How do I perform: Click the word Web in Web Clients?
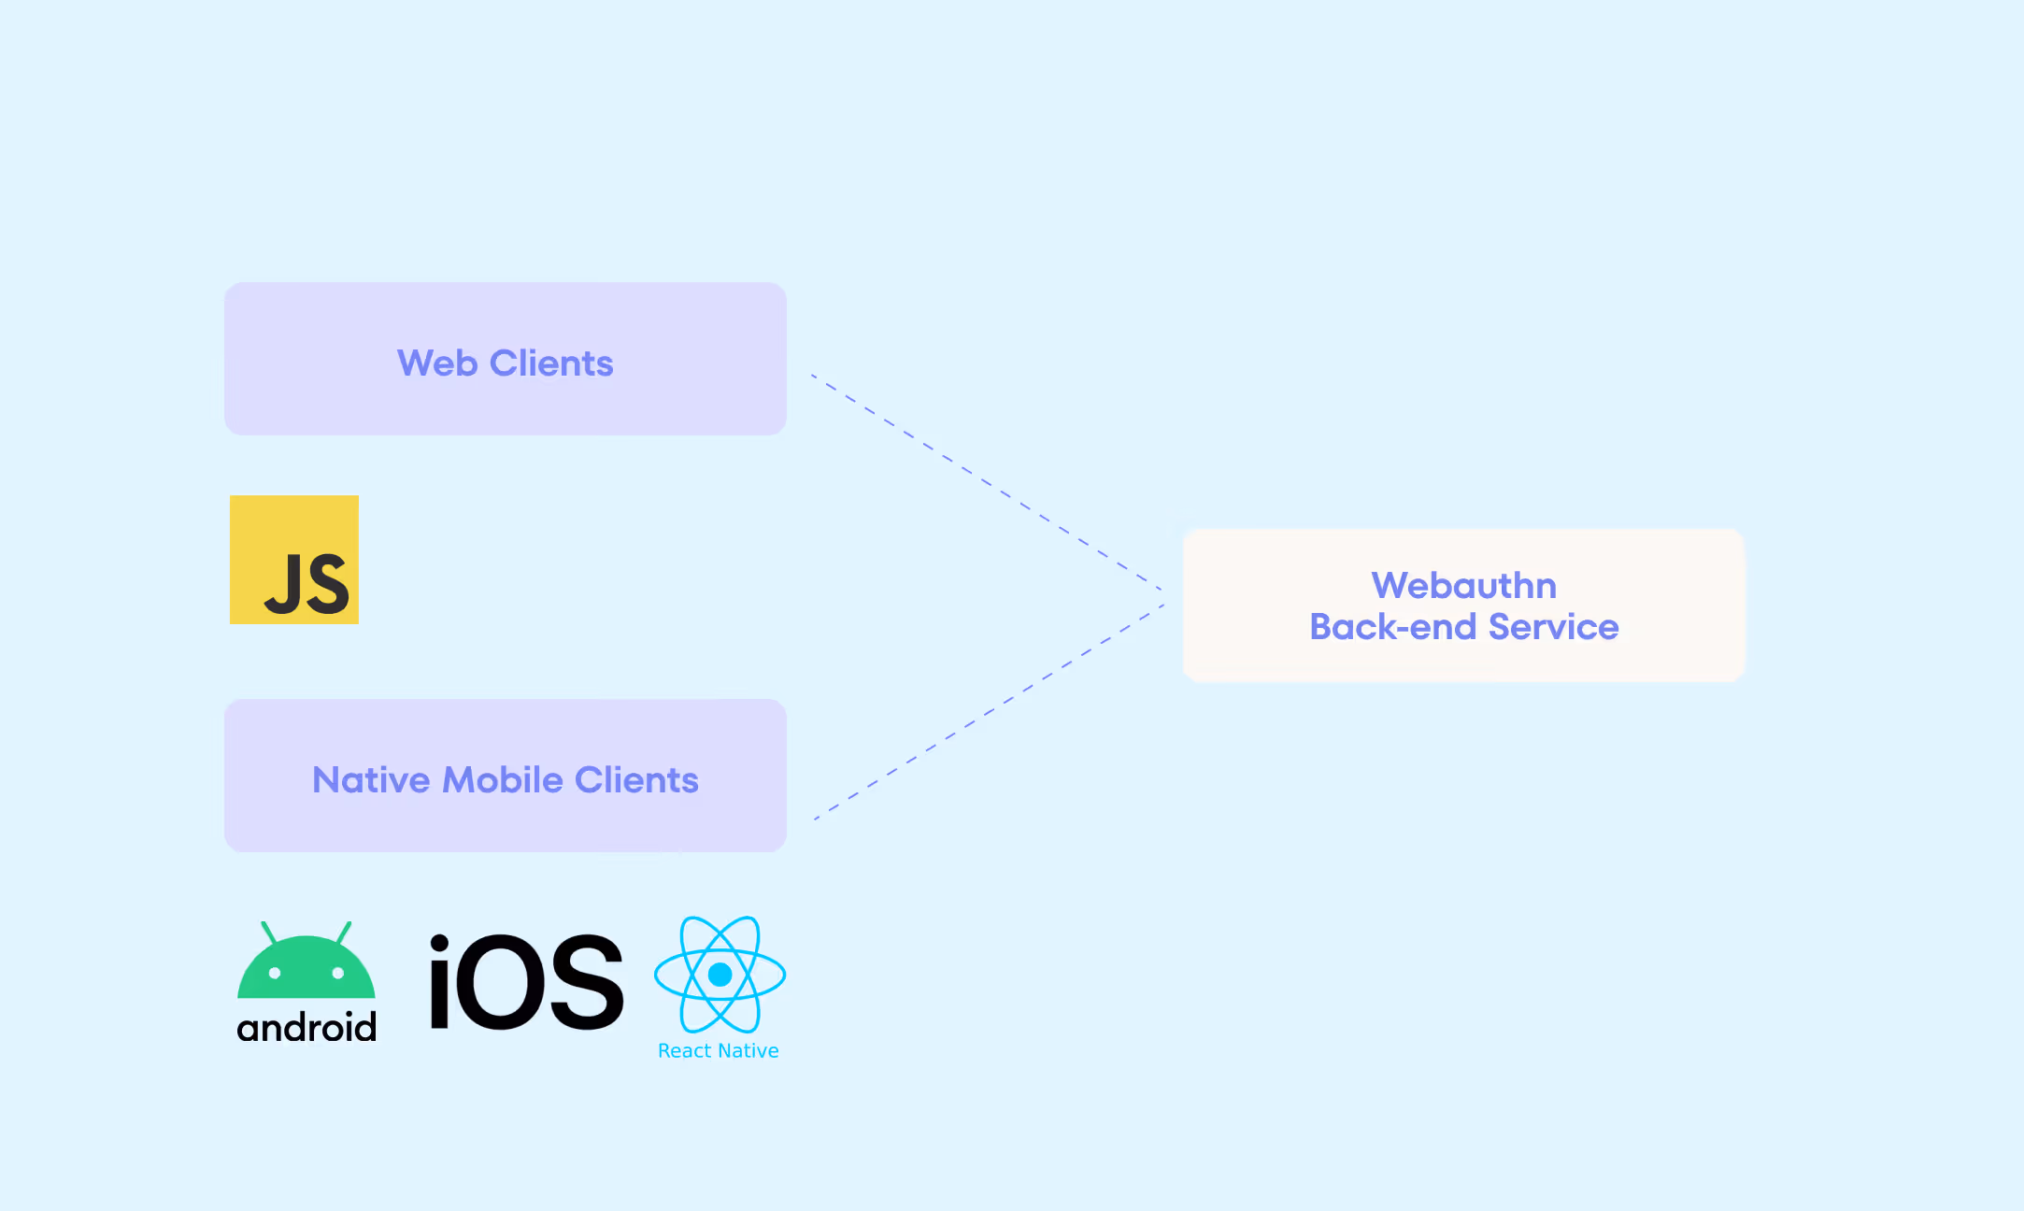(x=437, y=363)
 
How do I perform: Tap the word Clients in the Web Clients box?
(x=551, y=363)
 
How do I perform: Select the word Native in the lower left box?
(x=371, y=779)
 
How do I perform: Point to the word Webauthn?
(x=1464, y=585)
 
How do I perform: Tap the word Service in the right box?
(x=1553, y=626)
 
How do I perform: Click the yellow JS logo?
(x=294, y=560)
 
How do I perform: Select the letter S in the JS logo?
(x=328, y=584)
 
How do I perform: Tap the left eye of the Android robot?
(x=275, y=973)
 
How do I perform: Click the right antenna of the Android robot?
(x=344, y=932)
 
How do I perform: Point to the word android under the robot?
(x=306, y=1027)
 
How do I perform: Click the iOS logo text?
(x=526, y=982)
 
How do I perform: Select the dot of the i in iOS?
(x=439, y=945)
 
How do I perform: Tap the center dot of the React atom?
(x=720, y=975)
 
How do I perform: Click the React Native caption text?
(x=719, y=1050)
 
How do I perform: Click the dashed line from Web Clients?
(x=987, y=482)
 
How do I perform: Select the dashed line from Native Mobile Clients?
(x=989, y=712)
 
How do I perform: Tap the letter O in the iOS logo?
(x=497, y=983)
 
